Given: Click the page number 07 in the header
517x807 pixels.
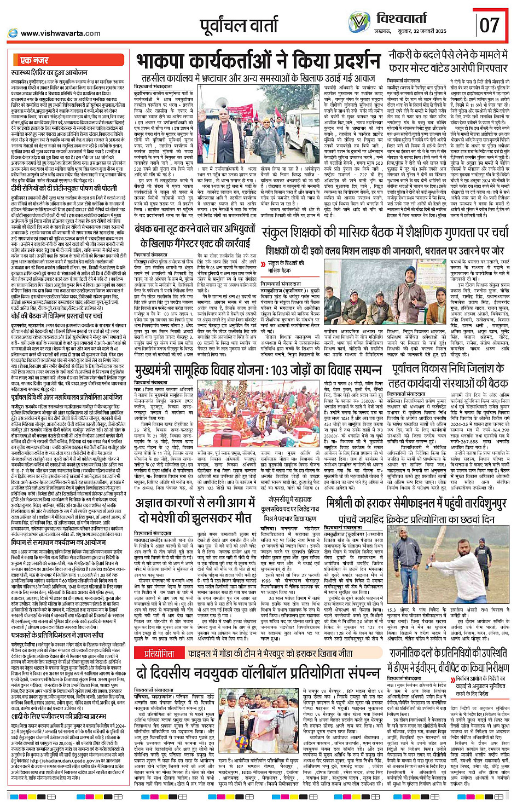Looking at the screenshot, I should point(490,25).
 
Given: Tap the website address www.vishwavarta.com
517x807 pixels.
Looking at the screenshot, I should point(61,33).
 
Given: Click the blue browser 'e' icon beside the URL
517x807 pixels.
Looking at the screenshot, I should point(12,33).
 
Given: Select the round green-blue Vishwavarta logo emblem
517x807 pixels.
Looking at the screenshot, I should point(359,22).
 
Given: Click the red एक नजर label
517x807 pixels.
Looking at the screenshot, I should point(34,60).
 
